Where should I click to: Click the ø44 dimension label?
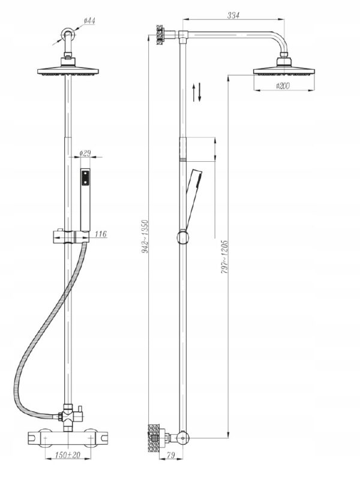[89, 21]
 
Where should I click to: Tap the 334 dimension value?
[233, 15]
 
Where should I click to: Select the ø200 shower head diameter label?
[283, 86]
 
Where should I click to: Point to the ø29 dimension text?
[85, 153]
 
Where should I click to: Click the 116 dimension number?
[101, 234]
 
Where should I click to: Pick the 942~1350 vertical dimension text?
[145, 236]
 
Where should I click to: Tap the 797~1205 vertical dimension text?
[225, 257]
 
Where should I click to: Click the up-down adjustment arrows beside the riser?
[197, 92]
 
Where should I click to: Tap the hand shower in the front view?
[85, 200]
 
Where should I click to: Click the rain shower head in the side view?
[284, 67]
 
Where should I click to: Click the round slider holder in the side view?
[182, 237]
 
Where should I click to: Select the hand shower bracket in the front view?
[71, 237]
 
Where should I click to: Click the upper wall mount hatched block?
[160, 35]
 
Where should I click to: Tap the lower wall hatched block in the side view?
[154, 438]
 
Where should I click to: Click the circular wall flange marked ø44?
[67, 33]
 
